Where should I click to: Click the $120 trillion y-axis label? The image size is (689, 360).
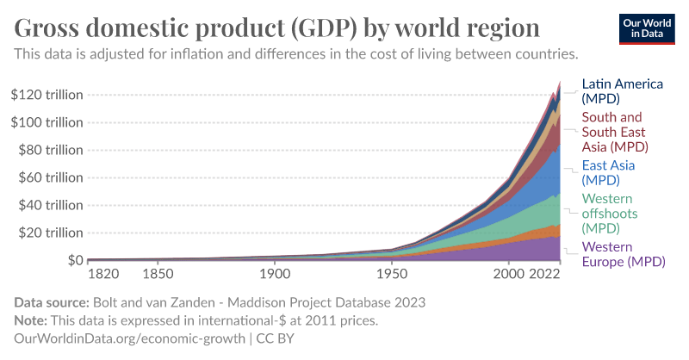pyautogui.click(x=47, y=95)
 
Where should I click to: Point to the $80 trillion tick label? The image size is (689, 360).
pyautogui.click(x=50, y=150)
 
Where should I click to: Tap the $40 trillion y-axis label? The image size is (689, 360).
pyautogui.click(x=50, y=205)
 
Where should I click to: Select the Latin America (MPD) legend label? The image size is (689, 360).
pyautogui.click(x=622, y=91)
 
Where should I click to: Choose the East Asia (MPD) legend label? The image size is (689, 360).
pyautogui.click(x=612, y=172)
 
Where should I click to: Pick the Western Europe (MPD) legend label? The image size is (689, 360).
pyautogui.click(x=620, y=254)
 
